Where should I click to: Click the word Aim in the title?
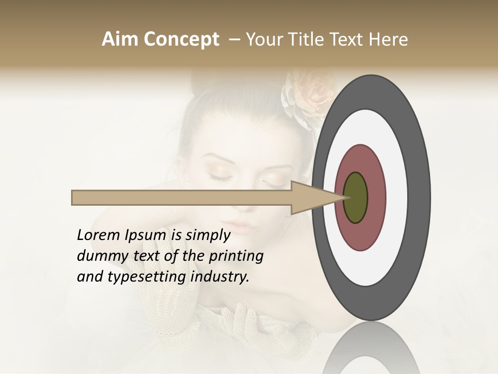tap(120, 39)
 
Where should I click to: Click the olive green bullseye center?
tap(356, 198)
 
